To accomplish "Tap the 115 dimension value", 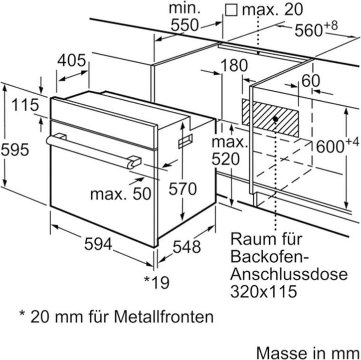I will pos(25,105).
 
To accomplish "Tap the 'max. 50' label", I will pos(120,194).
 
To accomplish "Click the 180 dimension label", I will pos(233,65).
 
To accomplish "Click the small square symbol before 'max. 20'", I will pos(231,10).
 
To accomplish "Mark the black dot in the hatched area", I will pos(275,119).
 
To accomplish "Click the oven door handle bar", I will pos(93,149).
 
